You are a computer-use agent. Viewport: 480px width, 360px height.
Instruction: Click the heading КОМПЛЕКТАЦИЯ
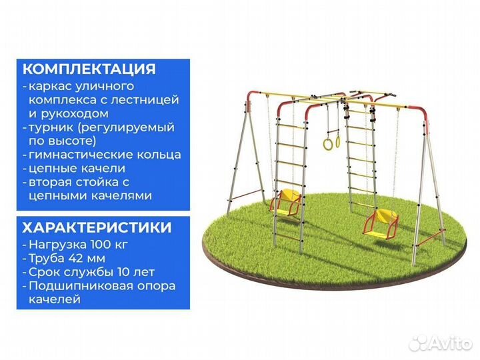[89, 69]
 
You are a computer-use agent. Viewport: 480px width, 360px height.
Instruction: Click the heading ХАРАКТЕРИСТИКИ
[97, 227]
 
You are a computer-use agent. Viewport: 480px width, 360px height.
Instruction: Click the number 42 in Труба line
[78, 259]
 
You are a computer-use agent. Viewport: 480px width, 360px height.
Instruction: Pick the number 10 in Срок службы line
[123, 272]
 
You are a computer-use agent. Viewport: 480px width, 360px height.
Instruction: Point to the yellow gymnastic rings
[331, 141]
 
